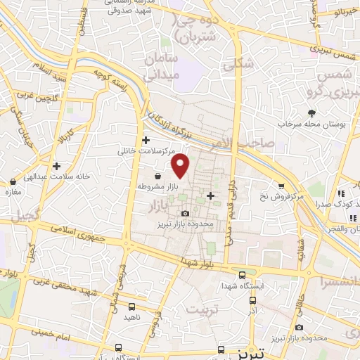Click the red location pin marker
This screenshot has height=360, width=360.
tap(181, 165)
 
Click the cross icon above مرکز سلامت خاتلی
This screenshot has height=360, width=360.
tap(146, 141)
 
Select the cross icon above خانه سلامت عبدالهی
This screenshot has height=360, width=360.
tap(56, 166)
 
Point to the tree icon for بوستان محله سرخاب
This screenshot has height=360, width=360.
tap(311, 113)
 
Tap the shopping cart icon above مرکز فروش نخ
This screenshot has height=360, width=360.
tap(281, 186)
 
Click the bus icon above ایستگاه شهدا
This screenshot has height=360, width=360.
tap(242, 275)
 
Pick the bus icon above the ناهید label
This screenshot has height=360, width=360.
tap(132, 307)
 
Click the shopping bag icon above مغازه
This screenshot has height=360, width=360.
tap(12, 181)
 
